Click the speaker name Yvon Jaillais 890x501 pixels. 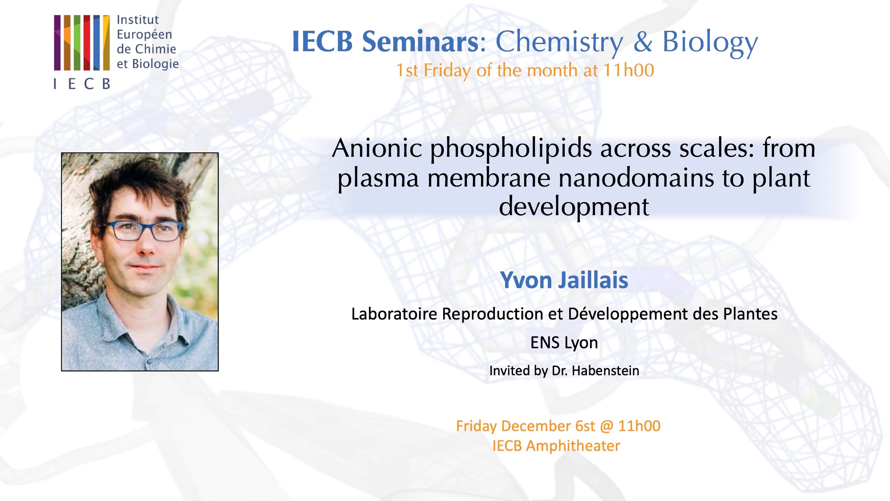[x=564, y=281]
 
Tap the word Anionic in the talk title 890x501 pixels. [x=377, y=148]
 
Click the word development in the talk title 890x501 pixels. [x=574, y=208]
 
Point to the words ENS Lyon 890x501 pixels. [x=564, y=343]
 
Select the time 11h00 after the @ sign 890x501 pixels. [x=639, y=426]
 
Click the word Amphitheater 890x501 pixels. [x=573, y=446]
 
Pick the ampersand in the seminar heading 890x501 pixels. [x=643, y=42]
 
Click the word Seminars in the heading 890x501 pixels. [x=421, y=42]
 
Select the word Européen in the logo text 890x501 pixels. [x=144, y=34]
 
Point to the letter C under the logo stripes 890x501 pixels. [x=89, y=84]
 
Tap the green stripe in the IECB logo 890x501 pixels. [x=77, y=43]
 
